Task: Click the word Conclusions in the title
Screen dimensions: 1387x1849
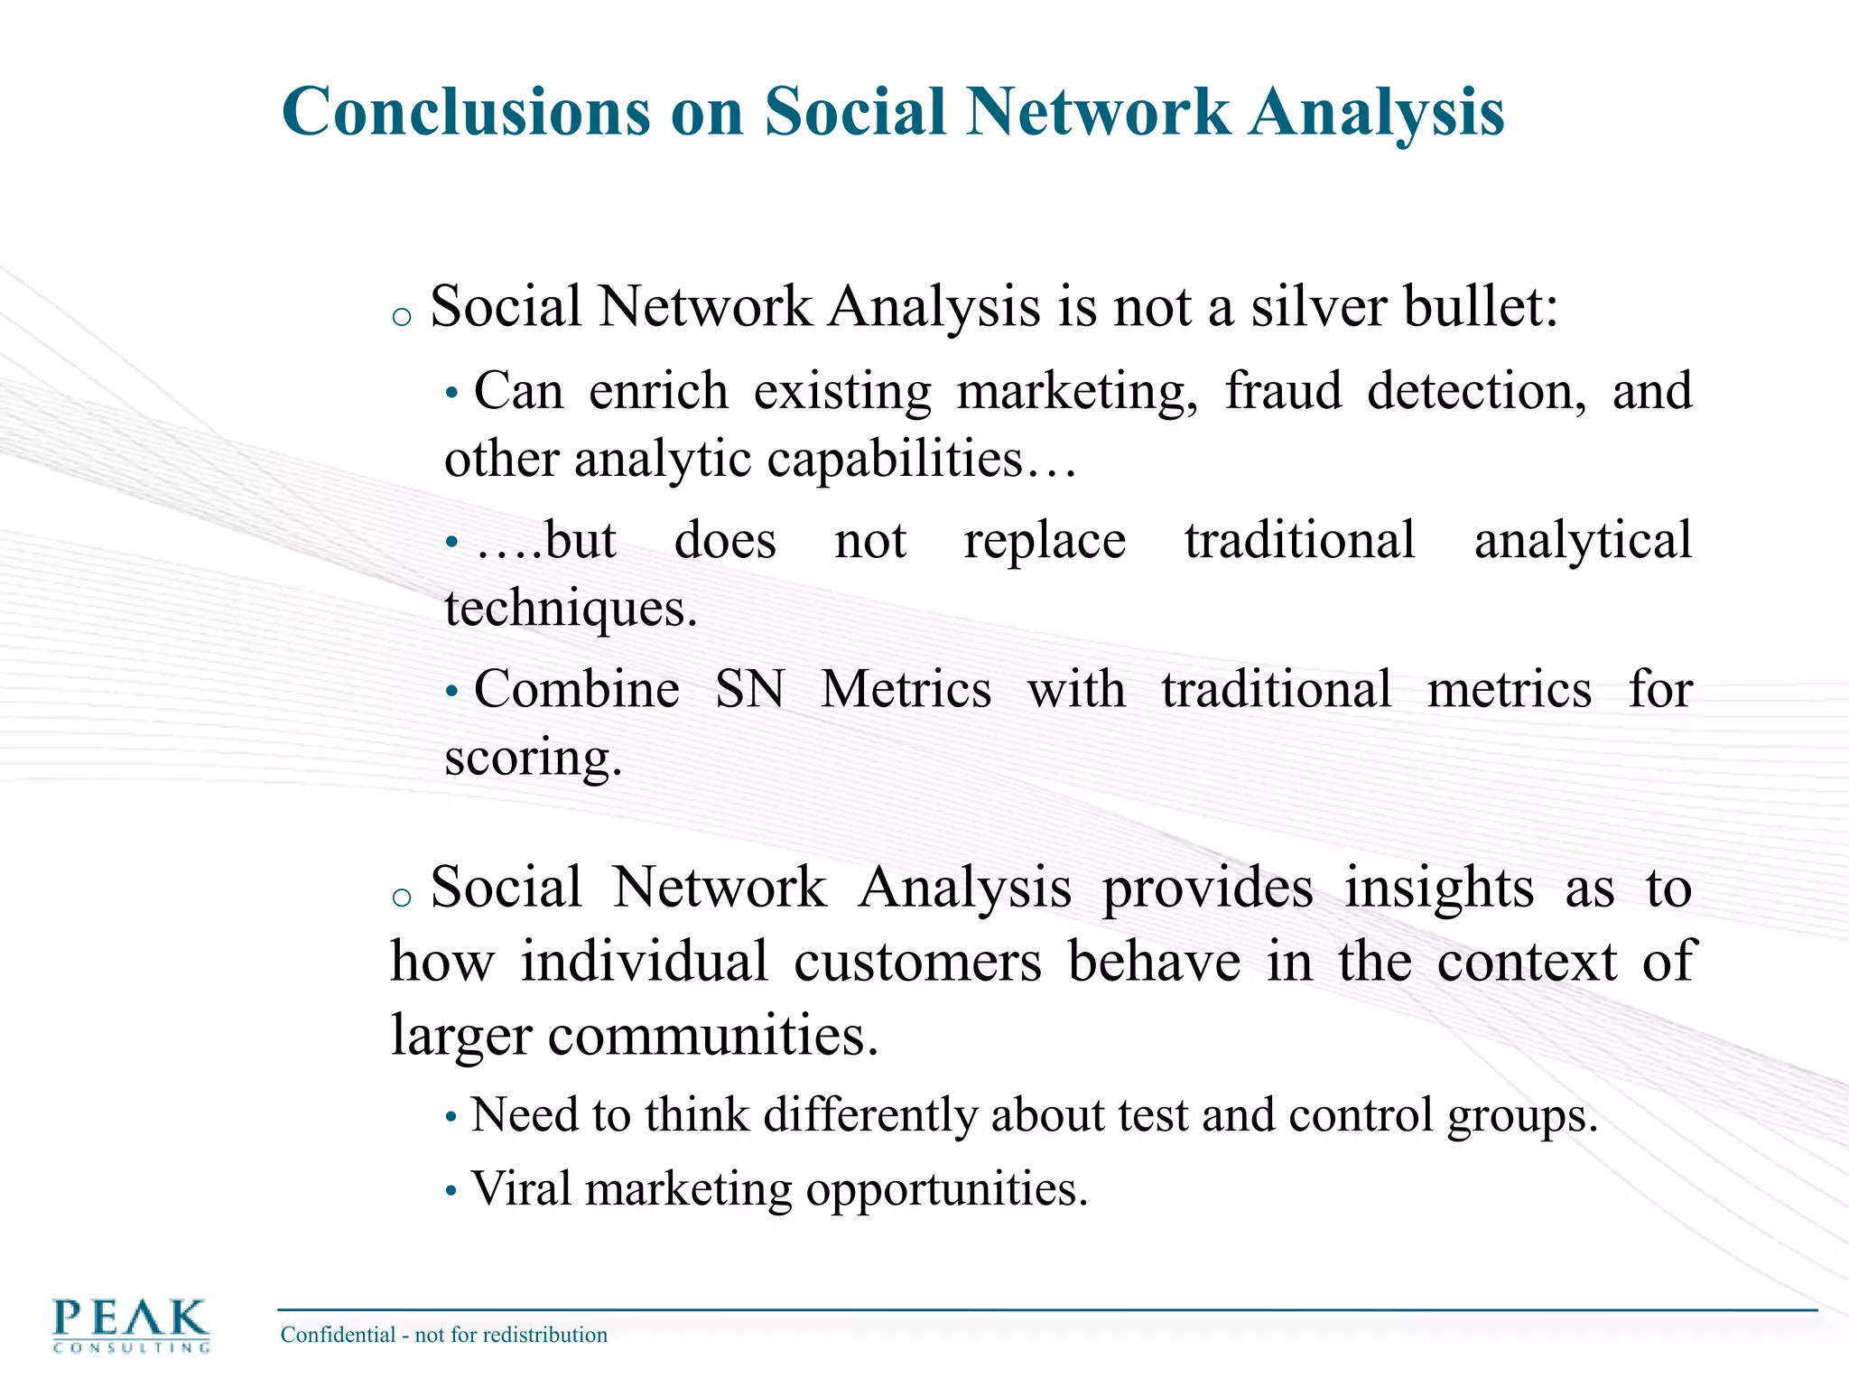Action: tap(465, 112)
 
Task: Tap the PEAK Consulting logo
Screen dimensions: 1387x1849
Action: tap(131, 1325)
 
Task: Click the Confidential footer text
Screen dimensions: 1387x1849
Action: tap(443, 1335)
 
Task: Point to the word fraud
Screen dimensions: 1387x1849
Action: tap(1283, 391)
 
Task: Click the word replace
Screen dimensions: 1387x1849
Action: tap(1045, 542)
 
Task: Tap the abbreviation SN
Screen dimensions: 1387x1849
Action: tap(749, 689)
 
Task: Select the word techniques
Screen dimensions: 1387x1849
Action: tap(570, 608)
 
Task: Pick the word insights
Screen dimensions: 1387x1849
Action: tap(1438, 888)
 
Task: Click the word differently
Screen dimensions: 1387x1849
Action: tap(870, 1115)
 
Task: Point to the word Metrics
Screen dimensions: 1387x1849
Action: tap(906, 689)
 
